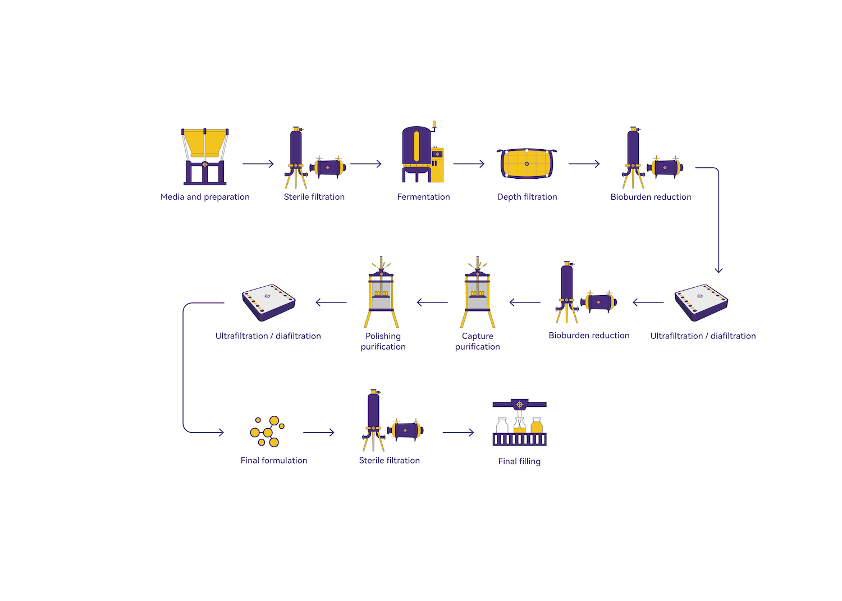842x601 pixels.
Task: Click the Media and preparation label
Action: coord(205,197)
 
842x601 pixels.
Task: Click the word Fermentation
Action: coord(423,197)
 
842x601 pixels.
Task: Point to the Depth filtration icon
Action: coord(527,163)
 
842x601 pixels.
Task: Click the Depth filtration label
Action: coord(527,197)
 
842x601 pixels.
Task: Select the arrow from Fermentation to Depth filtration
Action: coord(469,164)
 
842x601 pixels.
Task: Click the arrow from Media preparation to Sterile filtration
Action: coord(258,164)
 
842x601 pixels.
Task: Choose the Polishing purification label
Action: coord(383,341)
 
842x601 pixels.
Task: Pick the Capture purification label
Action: coord(477,341)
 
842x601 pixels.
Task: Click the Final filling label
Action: coord(519,461)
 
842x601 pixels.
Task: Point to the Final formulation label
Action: coord(274,460)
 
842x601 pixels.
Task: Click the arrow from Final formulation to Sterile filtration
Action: coord(319,433)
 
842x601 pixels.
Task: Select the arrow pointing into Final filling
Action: coord(458,433)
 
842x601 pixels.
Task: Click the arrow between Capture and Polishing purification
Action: coord(432,302)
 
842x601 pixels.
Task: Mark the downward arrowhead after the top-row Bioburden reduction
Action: coord(719,270)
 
